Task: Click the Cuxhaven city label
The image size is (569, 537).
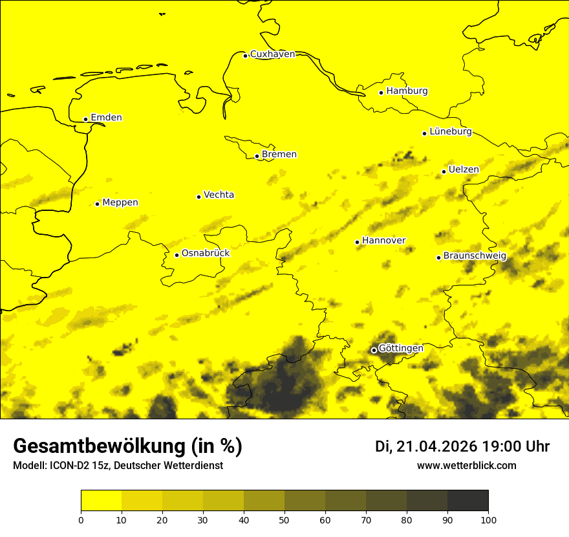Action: point(272,54)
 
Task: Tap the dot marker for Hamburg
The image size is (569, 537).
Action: point(381,93)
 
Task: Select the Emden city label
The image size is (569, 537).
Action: point(106,118)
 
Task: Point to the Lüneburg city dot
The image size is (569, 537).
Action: point(424,133)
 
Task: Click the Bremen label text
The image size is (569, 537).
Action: point(279,155)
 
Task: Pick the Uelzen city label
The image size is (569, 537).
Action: point(464,170)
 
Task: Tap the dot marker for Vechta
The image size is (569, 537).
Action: point(199,197)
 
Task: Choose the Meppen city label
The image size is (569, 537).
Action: point(120,203)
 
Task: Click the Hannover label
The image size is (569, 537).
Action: point(383,241)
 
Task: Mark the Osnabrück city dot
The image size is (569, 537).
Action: point(177,255)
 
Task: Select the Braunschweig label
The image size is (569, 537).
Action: point(475,256)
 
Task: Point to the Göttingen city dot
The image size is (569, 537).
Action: point(374,350)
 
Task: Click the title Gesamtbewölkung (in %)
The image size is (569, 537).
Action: point(127,446)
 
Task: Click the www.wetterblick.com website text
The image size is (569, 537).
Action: point(466,465)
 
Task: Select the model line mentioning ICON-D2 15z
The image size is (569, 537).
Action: point(118,466)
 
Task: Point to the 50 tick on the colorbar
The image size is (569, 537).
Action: point(284,519)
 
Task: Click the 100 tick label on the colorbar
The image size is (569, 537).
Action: point(488,519)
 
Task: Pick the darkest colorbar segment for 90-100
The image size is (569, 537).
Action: point(467,501)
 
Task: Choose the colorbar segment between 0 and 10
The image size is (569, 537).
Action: point(101,501)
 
